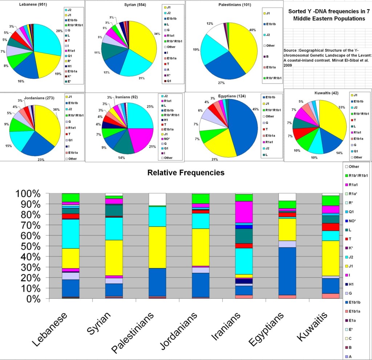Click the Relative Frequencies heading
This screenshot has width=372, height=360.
[x=186, y=173]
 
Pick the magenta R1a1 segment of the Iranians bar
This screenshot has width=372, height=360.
[x=244, y=211]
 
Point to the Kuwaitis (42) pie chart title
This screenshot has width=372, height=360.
[x=327, y=93]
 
